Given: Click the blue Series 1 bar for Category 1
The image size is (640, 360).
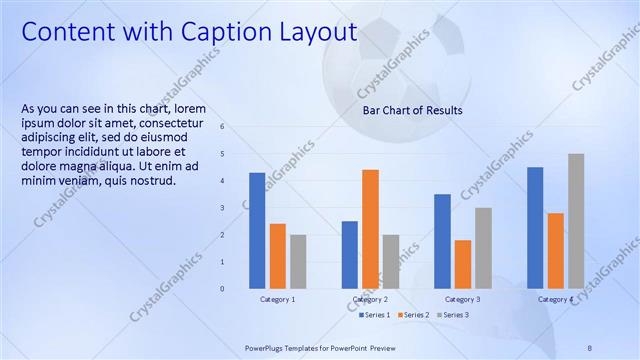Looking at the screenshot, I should [257, 230].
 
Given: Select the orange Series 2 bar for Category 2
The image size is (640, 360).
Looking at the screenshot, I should [370, 228].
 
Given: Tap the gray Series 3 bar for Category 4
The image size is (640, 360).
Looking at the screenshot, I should [576, 221].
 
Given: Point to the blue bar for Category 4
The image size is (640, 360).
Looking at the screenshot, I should [535, 227].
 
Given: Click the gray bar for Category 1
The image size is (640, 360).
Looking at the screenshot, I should [298, 261].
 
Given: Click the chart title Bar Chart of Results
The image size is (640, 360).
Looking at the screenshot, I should [412, 110].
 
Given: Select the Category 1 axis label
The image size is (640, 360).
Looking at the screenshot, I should [278, 299].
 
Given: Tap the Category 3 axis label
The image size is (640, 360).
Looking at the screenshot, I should [463, 299].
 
